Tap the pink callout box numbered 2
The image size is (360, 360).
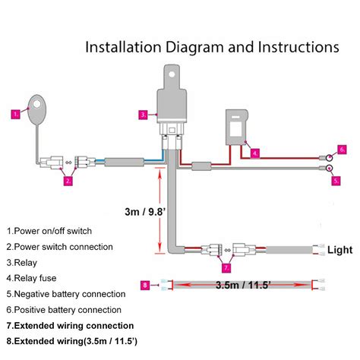tap(68, 181)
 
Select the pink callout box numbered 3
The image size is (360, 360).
tap(143, 115)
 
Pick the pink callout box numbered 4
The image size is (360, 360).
tap(255, 153)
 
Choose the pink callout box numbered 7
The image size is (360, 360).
tap(226, 268)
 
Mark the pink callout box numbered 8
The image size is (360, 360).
tap(145, 285)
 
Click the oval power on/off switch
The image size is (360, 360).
tap(36, 110)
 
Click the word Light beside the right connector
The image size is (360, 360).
tap(339, 249)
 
